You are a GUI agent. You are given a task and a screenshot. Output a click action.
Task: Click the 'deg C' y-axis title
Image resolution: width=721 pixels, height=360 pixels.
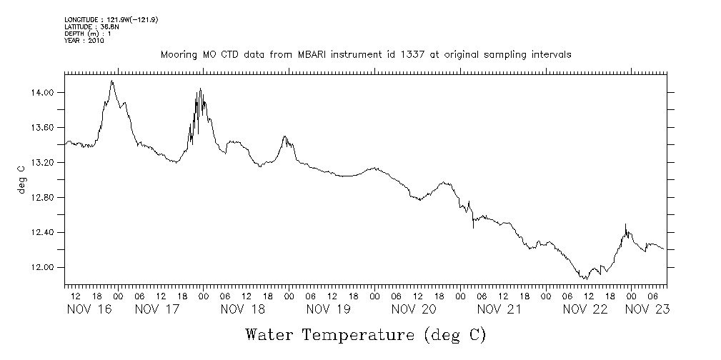(x=21, y=178)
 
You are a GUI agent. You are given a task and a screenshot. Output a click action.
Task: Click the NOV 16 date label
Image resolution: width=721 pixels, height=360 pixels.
(x=89, y=309)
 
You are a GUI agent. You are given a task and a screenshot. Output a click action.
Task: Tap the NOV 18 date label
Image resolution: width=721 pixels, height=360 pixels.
(x=243, y=309)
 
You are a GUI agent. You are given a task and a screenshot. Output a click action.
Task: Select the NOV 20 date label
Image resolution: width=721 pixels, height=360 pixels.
(x=414, y=309)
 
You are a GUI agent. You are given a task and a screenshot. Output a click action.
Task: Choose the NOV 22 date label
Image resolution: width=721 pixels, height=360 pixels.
(x=585, y=309)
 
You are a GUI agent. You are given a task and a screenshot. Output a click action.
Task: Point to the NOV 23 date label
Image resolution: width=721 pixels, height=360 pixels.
(x=647, y=309)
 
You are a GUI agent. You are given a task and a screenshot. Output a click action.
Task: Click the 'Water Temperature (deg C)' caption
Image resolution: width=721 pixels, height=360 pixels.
(x=365, y=334)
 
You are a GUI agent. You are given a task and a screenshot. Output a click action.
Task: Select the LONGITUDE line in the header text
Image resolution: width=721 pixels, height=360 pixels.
(x=111, y=19)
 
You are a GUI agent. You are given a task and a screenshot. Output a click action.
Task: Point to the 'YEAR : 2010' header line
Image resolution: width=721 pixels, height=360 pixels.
(x=84, y=41)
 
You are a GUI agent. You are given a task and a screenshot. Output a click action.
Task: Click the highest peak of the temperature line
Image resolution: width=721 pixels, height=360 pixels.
(x=112, y=81)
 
